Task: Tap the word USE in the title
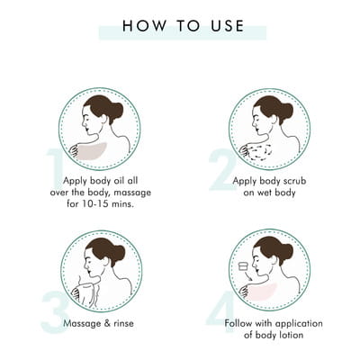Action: (227, 25)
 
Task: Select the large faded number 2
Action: (222, 169)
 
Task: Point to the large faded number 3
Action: (54, 312)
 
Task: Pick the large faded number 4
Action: (221, 312)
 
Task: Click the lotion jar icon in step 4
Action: (243, 266)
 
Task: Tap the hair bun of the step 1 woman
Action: (116, 111)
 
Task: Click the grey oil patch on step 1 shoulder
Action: (92, 151)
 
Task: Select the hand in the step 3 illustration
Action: (78, 293)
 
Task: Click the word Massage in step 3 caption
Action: (81, 323)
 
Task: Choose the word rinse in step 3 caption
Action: (123, 323)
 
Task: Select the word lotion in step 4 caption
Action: (290, 335)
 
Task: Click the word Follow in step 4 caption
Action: (238, 323)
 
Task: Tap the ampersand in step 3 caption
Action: (106, 323)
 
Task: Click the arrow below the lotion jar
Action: (247, 275)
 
